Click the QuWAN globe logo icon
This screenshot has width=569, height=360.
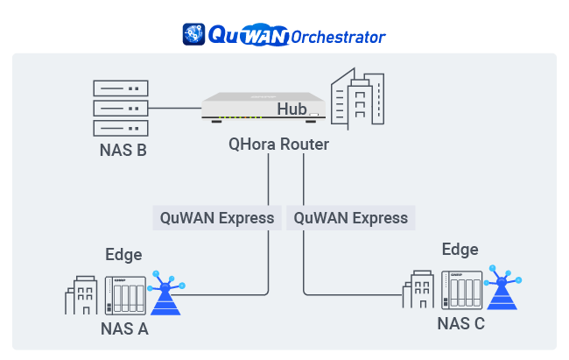pyautogui.click(x=193, y=33)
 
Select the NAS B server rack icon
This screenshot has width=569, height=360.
pyautogui.click(x=118, y=108)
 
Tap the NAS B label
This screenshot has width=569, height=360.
pyautogui.click(x=123, y=152)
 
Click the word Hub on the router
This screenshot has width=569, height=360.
pyautogui.click(x=292, y=109)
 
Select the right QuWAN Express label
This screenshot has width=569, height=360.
pyautogui.click(x=351, y=217)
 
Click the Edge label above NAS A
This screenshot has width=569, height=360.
pyautogui.click(x=123, y=255)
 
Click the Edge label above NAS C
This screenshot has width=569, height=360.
pyautogui.click(x=460, y=250)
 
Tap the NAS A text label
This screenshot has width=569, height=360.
pyautogui.click(x=124, y=329)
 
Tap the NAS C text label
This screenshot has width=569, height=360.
pyautogui.click(x=460, y=323)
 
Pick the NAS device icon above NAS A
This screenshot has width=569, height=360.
pyautogui.click(x=124, y=295)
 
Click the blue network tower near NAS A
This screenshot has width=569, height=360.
pyautogui.click(x=165, y=295)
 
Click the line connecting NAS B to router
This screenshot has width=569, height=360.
pyautogui.click(x=175, y=108)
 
